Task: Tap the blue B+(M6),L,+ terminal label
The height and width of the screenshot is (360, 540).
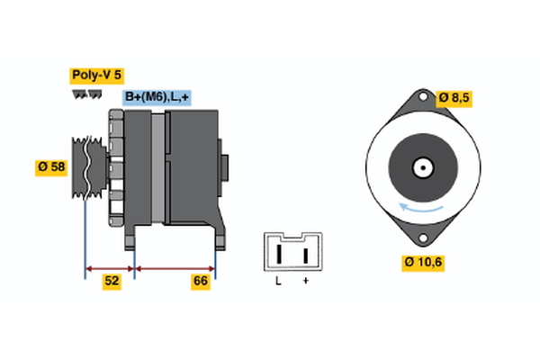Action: click(x=157, y=97)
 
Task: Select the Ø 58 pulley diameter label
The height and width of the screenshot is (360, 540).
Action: click(x=52, y=167)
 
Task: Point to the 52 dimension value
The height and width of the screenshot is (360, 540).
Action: click(x=112, y=282)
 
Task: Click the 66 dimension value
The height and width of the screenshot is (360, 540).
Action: click(x=201, y=282)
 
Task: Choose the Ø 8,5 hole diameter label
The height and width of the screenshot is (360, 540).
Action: click(x=454, y=97)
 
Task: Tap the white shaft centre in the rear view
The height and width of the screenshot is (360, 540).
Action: click(x=420, y=167)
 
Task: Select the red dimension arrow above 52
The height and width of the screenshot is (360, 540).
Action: click(x=109, y=267)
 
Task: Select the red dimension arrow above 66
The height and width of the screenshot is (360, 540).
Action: click(x=175, y=267)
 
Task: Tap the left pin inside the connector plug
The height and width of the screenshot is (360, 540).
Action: click(x=279, y=254)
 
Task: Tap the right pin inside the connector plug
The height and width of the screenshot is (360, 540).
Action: click(x=305, y=254)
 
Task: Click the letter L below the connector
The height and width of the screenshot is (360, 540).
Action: click(x=279, y=283)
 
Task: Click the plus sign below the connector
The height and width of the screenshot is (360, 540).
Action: click(x=305, y=283)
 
